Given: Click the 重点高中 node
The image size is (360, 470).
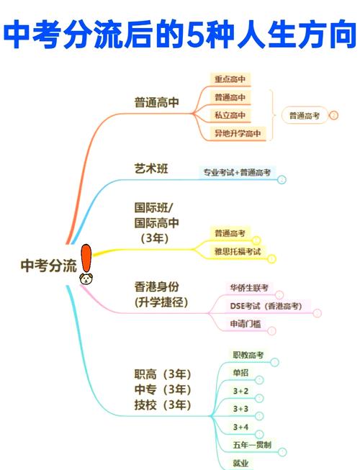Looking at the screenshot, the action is tap(230, 79).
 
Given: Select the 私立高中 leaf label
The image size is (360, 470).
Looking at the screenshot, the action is tap(230, 115).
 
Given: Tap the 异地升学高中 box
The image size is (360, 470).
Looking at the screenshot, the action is tap(238, 133).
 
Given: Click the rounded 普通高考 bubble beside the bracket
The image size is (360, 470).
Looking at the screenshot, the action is tap(305, 115).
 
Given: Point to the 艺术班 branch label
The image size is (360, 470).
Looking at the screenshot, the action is tap(151, 168).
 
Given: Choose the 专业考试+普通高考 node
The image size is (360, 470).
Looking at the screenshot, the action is tap(237, 172).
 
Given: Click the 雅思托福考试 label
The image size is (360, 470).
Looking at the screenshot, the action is tap(238, 251).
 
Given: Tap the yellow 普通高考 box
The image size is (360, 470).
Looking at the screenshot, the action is tap(230, 233).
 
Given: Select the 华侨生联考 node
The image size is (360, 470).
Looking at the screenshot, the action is tap(249, 288).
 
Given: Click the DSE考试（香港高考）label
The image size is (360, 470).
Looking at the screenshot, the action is tap(266, 306).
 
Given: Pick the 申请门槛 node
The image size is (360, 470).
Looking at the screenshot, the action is tap(246, 324).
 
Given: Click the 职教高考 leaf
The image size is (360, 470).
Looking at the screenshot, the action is tap(248, 355).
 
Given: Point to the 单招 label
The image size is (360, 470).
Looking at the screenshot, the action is tap(240, 373).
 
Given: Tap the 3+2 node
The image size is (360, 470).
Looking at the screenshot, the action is tap(240, 391).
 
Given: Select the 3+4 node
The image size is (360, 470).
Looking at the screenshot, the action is tap(240, 427).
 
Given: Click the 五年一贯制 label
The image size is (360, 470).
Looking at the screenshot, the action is tap(252, 445).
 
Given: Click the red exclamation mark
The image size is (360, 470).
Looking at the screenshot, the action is tap(86, 258).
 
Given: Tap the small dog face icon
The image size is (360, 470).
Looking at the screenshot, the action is tap(86, 279).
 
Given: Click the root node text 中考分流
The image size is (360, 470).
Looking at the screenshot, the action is tap(48, 266).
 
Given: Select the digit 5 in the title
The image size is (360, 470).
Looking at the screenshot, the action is tap(196, 35).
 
